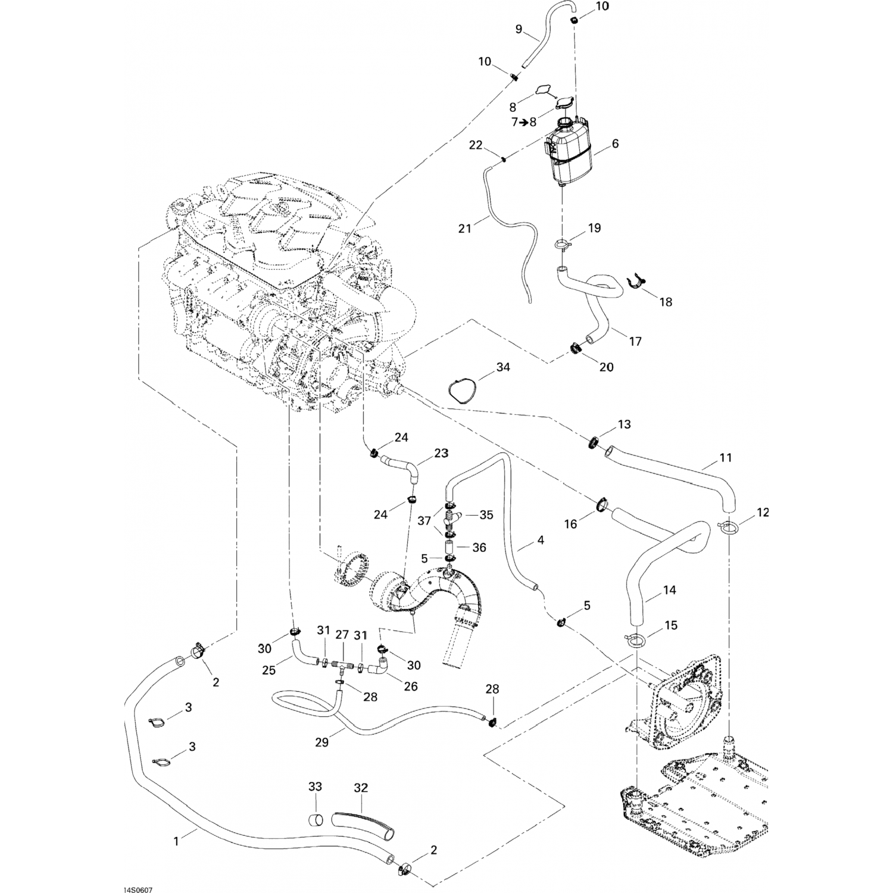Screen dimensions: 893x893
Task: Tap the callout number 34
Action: (503, 367)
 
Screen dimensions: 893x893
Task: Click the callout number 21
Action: (465, 227)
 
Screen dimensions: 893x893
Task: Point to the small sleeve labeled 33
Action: (316, 820)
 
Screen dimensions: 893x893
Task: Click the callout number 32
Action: (361, 788)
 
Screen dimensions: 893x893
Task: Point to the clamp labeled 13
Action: (594, 442)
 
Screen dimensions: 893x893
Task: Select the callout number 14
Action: (669, 591)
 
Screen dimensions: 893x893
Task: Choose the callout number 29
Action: (321, 742)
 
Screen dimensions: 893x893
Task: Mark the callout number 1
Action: (176, 841)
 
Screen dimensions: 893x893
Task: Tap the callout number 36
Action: (479, 547)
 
